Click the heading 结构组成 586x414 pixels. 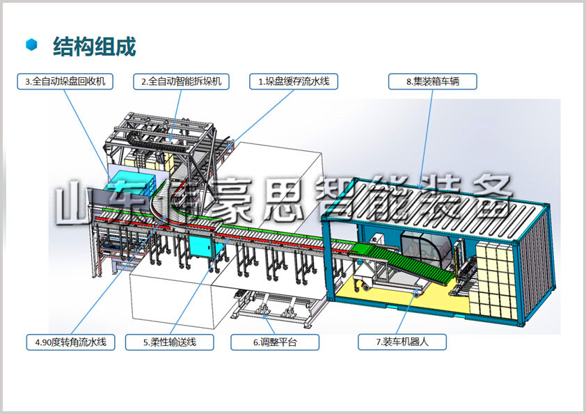(94, 47)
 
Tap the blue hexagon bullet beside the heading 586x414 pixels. (32, 45)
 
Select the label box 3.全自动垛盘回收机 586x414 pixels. (65, 81)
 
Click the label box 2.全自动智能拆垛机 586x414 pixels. (181, 81)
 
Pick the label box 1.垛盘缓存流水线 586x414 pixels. (294, 81)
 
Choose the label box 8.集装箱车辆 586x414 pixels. (432, 81)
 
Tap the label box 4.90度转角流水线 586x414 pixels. (70, 342)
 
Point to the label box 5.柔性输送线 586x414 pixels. (170, 342)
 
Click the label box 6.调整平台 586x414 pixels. (275, 342)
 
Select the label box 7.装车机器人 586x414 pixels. (402, 342)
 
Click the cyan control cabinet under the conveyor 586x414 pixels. (201, 246)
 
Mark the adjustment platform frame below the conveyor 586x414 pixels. (275, 305)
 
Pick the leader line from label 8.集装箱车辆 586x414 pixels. (427, 138)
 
